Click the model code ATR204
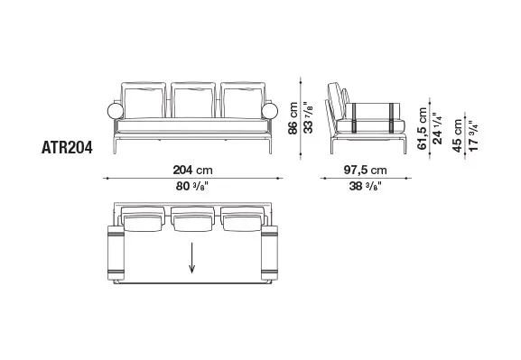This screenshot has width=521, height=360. click(x=67, y=148)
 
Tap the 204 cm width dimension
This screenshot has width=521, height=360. click(x=192, y=170)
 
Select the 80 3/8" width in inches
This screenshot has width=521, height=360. click(x=192, y=186)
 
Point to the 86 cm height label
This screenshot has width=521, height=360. click(x=293, y=118)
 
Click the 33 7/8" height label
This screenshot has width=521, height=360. click(x=309, y=118)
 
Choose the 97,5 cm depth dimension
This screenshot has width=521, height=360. click(x=365, y=170)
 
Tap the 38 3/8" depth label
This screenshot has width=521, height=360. click(x=365, y=186)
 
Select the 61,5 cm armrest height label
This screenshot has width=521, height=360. click(x=422, y=128)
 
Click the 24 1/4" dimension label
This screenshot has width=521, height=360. click(x=438, y=128)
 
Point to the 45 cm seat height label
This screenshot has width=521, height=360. click(x=458, y=135)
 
